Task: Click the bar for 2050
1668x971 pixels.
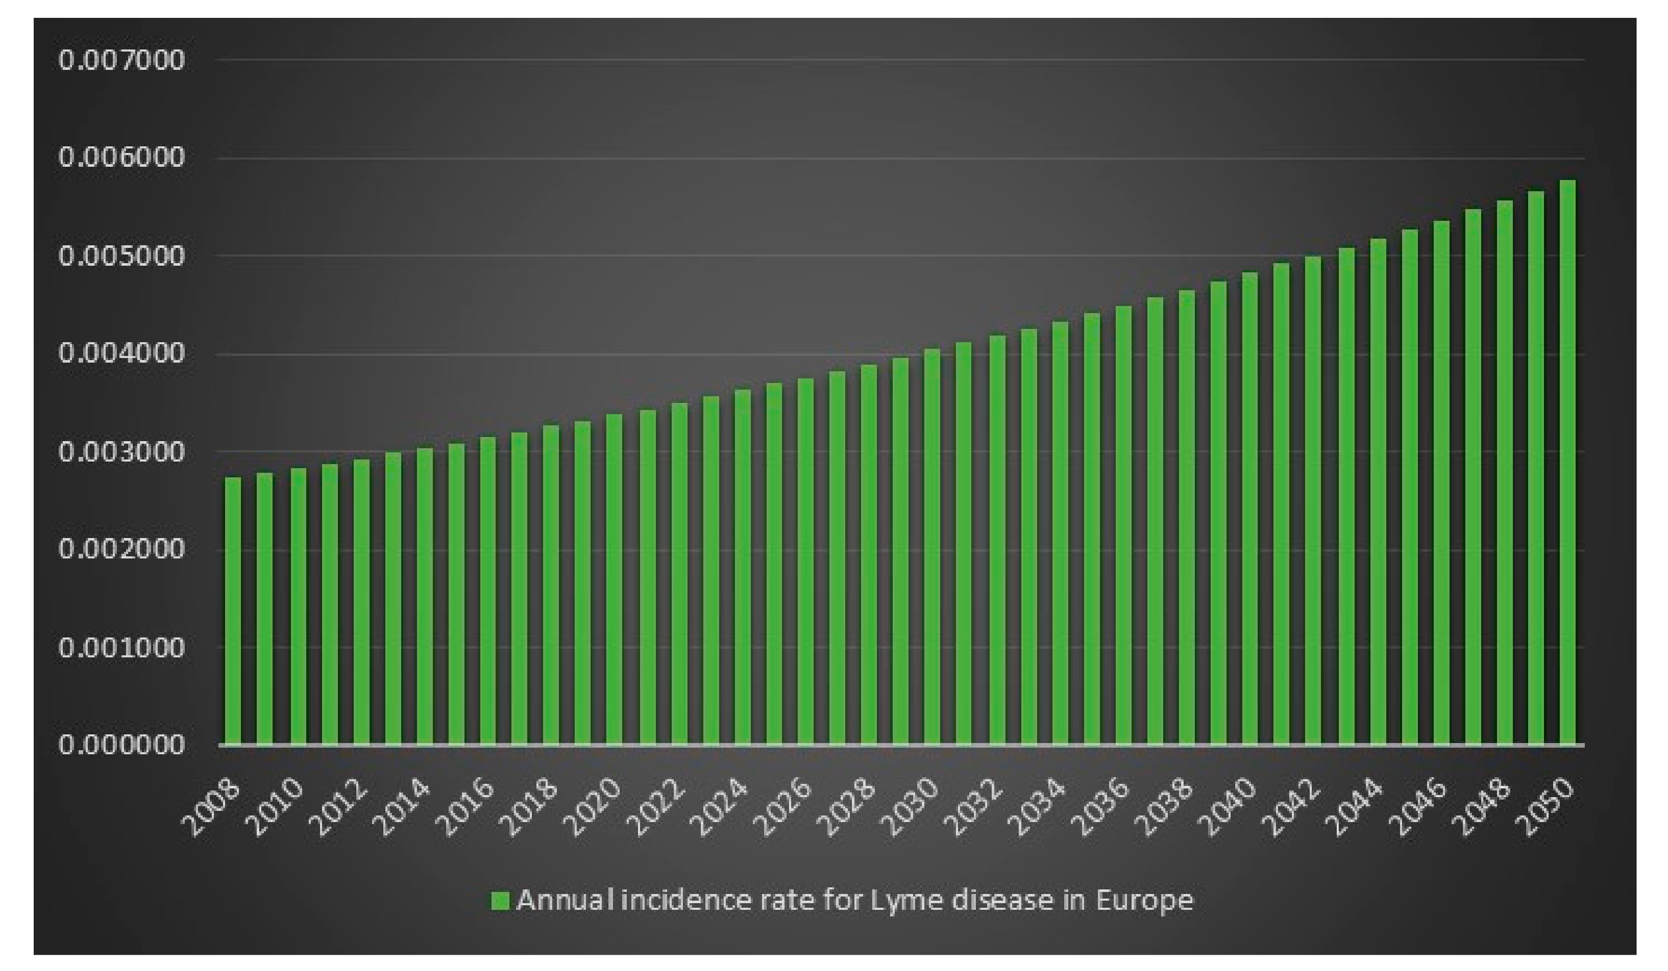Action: click(1567, 463)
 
